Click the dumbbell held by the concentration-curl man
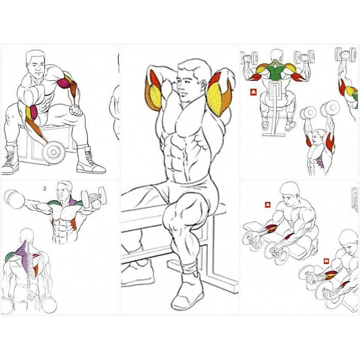(54, 152)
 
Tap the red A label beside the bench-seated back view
(253, 92)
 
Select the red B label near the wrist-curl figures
(326, 261)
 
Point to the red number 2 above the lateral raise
(45, 189)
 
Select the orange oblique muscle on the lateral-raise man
(73, 225)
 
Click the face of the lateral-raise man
(61, 193)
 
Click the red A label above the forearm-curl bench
(268, 205)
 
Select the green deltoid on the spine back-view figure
(9, 256)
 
